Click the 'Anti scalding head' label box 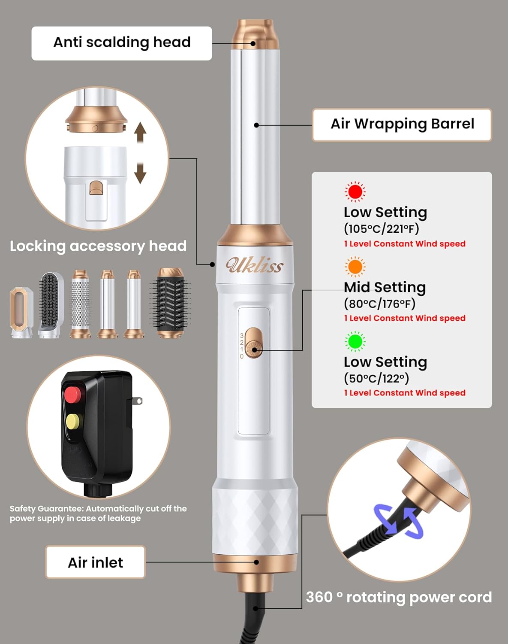click(x=122, y=43)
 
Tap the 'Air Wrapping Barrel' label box click(x=402, y=125)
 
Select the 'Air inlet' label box click(x=95, y=562)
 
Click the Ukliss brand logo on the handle click(x=254, y=265)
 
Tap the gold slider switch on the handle click(x=254, y=343)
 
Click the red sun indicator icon click(x=355, y=192)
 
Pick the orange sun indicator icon click(x=355, y=267)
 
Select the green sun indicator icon click(x=355, y=341)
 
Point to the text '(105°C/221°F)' click(x=381, y=229)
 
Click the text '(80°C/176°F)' click(x=379, y=304)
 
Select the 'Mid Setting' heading click(x=385, y=287)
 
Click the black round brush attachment click(x=170, y=303)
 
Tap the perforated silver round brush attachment click(x=81, y=304)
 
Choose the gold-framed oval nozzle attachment click(x=21, y=313)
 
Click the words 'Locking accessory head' click(x=98, y=246)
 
